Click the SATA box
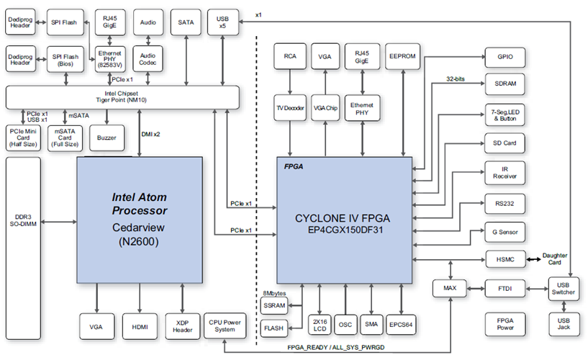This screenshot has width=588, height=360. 186,23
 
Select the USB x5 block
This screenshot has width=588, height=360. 222,23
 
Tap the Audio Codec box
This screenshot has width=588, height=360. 148,57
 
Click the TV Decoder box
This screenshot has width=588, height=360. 289,107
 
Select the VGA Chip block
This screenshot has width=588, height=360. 325,107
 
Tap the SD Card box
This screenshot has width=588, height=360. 505,143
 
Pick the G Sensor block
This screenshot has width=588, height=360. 505,232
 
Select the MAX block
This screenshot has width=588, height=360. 449,289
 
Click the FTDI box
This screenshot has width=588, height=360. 505,289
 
